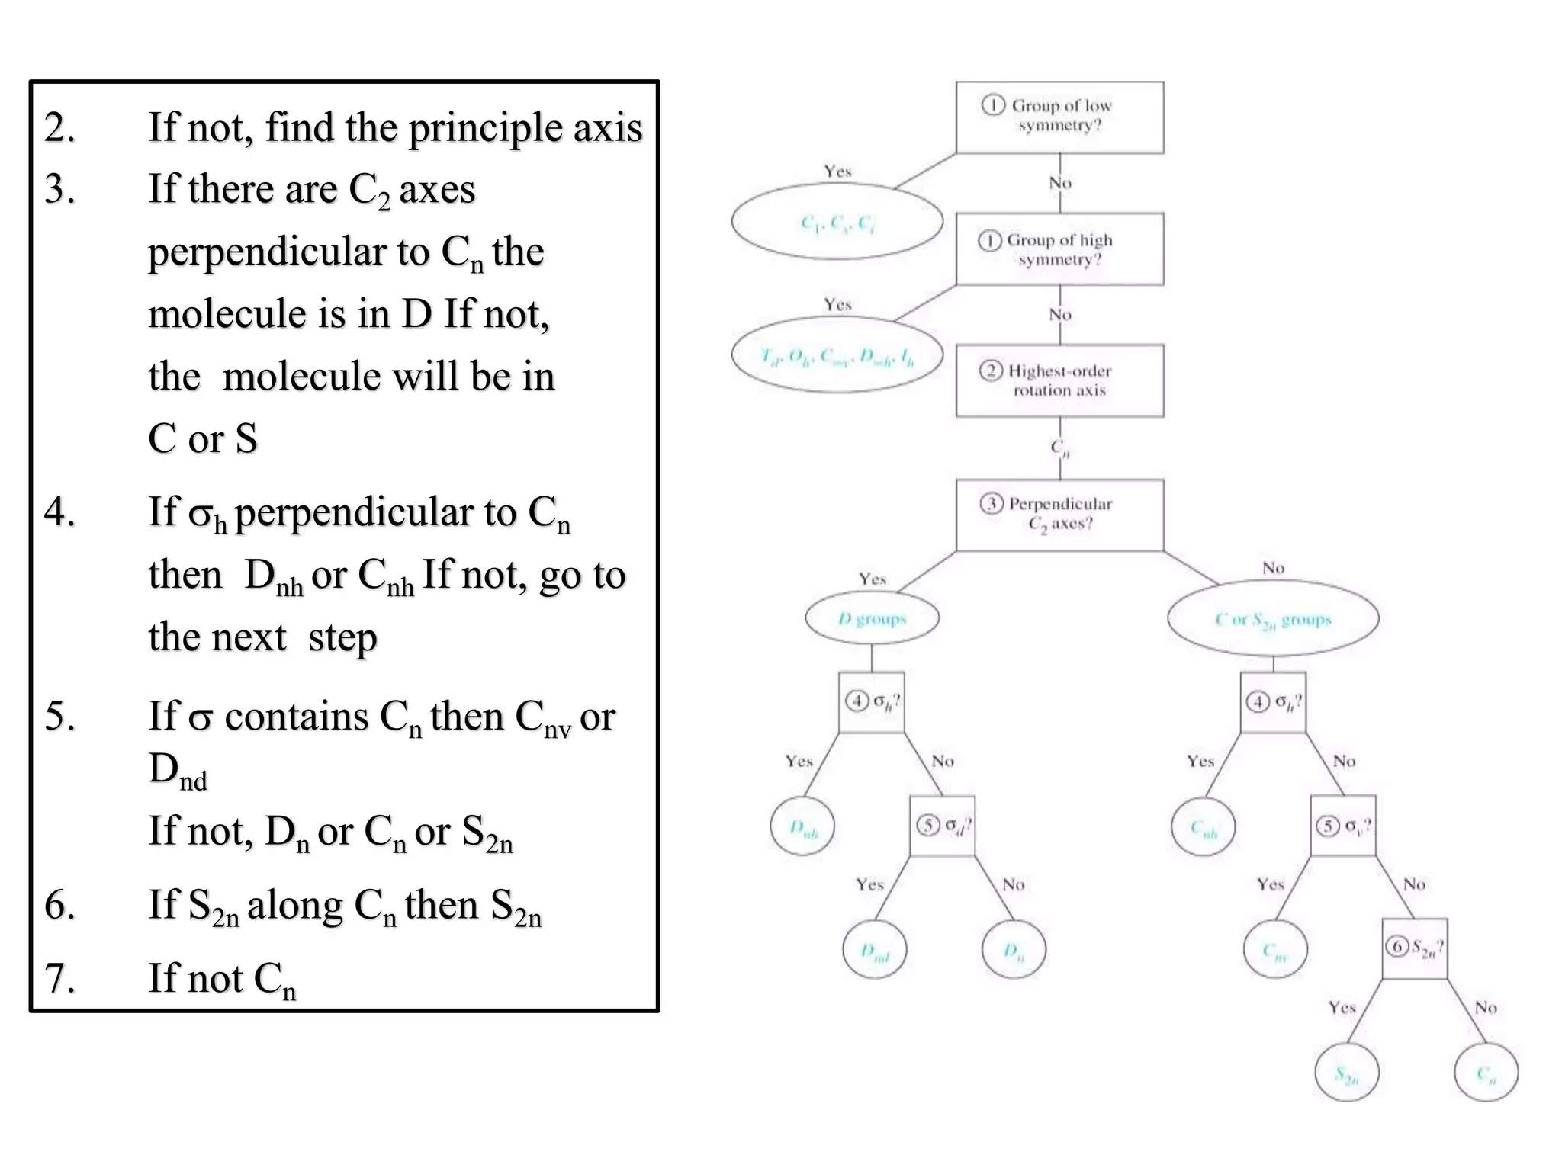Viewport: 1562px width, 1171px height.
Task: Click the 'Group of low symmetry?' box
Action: pos(1059,117)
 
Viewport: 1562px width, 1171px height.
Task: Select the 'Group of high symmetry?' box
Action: pos(1059,249)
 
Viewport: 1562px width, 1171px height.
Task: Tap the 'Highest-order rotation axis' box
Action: pos(1059,380)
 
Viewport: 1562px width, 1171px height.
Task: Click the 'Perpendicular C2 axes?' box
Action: pos(1059,515)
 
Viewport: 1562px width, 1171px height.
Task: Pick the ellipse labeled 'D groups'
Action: pos(872,618)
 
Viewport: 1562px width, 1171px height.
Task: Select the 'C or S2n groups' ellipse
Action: pos(1272,618)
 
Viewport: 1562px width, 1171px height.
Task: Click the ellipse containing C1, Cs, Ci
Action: pos(837,222)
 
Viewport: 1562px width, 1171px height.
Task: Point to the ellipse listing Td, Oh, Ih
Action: pos(837,355)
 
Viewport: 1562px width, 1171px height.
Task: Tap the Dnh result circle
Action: pos(802,826)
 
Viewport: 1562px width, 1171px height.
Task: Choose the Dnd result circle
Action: pos(874,950)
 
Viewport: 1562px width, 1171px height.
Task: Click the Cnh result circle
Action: pos(1203,826)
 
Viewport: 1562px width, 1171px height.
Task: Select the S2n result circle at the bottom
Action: pos(1346,1073)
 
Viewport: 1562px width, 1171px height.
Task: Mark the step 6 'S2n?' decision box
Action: pos(1414,948)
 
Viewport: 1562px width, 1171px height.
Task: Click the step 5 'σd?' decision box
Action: pos(942,826)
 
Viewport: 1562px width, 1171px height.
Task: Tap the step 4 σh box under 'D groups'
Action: pos(871,702)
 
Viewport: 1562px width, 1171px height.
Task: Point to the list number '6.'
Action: pos(60,905)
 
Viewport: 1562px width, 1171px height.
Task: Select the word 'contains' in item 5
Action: pos(297,717)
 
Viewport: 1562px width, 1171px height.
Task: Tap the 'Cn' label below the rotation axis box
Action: pos(1060,448)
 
